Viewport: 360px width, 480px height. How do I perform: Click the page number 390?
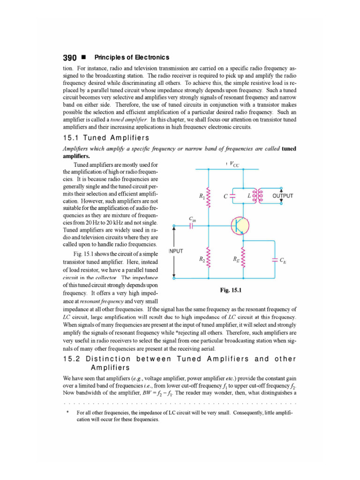coord(69,58)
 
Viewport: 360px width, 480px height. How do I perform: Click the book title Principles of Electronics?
coord(132,58)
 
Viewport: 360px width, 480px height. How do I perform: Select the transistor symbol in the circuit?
coord(240,226)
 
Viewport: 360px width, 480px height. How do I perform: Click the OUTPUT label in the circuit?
coord(283,196)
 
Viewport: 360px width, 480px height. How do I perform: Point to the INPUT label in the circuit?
coord(176,251)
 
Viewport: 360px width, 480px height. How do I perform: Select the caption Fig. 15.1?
coord(230,290)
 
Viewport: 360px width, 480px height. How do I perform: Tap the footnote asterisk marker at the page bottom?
coord(68,412)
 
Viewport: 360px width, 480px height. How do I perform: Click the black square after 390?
coord(83,58)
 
